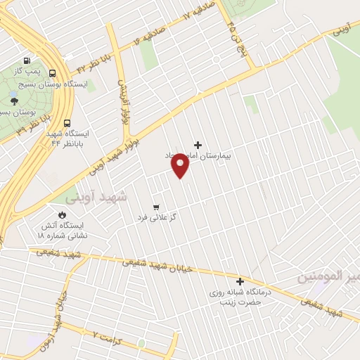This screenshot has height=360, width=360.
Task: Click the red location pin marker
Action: point(181,166)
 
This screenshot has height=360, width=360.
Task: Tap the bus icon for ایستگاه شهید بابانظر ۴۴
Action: point(66,120)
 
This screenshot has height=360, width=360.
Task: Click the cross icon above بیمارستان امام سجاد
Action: point(198,144)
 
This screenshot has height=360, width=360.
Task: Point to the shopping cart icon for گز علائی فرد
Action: point(157,207)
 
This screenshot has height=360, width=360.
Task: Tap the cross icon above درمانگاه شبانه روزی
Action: point(239,281)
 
